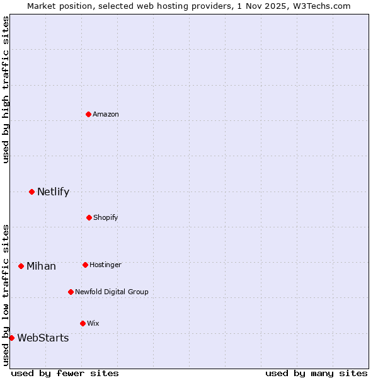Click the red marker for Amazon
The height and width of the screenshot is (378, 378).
pos(89,114)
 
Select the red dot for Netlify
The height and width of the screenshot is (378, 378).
pos(31,192)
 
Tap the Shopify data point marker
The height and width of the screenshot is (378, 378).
pos(89,217)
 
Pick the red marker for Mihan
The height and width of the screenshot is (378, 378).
pos(21,266)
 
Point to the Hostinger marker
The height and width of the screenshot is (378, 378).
pos(85,265)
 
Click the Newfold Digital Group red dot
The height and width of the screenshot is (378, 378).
pos(71,292)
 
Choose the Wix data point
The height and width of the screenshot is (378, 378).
pos(83,323)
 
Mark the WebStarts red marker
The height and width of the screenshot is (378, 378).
pos(11,338)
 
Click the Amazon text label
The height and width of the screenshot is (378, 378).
pos(106,114)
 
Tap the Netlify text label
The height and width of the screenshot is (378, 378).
pos(53,192)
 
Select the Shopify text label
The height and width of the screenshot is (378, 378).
pos(106,217)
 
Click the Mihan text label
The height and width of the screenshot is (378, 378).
pos(41,266)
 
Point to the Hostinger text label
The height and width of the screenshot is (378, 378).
pos(105,265)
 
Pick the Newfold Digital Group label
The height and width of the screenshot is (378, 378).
pos(112,292)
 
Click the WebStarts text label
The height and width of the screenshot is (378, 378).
pos(43,338)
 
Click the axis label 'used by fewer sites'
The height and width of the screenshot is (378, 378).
pos(65,373)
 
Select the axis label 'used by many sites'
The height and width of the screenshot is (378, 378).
pos(316,373)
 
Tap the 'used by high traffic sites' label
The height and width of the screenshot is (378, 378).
pos(6,89)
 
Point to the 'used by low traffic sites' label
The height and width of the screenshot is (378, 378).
pos(6,294)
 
